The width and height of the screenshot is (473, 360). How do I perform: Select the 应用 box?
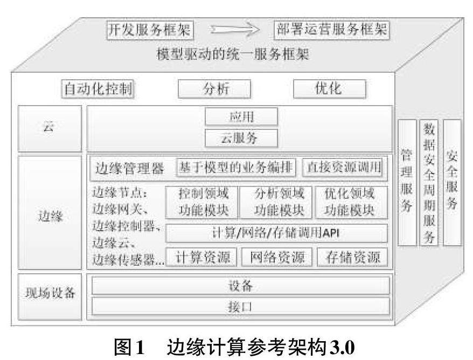click(241, 116)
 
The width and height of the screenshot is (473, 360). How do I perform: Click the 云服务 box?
click(241, 137)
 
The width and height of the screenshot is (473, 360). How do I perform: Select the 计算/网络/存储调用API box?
click(276, 233)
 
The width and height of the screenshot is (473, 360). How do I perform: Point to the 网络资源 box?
click(276, 257)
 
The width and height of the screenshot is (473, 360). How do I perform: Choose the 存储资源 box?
click(351, 257)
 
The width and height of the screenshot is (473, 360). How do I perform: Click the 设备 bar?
click(240, 285)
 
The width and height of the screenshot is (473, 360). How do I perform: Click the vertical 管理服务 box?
click(407, 183)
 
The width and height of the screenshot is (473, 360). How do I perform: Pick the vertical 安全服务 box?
click(451, 183)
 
